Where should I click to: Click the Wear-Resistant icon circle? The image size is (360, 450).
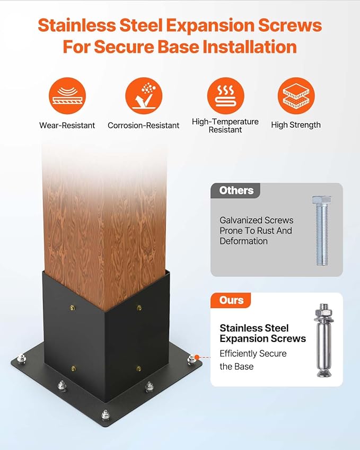tap(67, 95)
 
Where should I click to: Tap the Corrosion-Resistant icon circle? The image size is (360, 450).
tap(144, 95)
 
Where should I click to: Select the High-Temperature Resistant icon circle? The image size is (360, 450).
tap(225, 95)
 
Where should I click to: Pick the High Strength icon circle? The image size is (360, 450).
tap(296, 95)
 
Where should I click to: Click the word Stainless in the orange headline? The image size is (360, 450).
tap(77, 25)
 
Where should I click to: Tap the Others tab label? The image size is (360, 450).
tap(236, 190)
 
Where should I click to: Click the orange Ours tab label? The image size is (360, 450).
tap(231, 300)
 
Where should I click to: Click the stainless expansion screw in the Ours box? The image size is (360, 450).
tap(324, 340)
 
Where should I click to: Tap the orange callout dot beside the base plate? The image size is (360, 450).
tap(197, 357)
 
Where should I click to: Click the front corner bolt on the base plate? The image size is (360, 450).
tap(106, 414)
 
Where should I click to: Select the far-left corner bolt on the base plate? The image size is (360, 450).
tap(21, 359)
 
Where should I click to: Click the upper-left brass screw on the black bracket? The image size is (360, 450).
tap(72, 308)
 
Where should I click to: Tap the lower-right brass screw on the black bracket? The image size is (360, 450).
tap(139, 368)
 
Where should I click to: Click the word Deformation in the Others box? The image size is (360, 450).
tap(243, 241)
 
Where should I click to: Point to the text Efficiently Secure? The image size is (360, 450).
tap(253, 354)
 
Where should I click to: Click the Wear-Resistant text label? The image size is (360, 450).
tap(67, 126)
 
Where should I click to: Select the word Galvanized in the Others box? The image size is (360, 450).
tap(241, 220)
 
